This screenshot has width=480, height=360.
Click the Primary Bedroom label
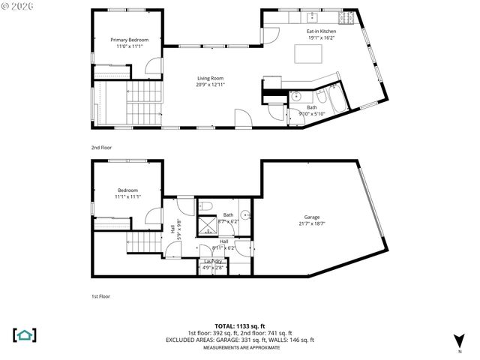129,40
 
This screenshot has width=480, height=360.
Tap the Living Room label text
211,78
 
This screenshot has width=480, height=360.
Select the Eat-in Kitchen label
321,31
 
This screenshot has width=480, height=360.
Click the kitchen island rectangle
307,54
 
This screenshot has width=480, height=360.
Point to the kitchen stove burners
348,16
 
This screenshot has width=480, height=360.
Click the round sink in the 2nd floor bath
297,96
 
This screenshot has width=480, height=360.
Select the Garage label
311,216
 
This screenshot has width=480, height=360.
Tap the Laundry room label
213,261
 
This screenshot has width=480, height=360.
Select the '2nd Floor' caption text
101,148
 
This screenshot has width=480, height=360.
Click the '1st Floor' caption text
100,297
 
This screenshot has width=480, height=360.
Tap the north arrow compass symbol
459,340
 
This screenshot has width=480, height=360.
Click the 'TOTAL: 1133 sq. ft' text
240,326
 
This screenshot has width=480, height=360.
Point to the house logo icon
25,334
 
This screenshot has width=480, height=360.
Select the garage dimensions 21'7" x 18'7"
311,223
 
